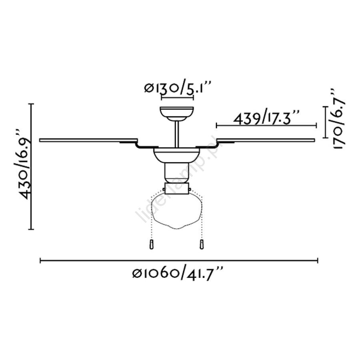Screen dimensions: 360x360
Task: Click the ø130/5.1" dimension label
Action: click(177, 88)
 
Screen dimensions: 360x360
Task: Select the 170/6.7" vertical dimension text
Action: click(338, 118)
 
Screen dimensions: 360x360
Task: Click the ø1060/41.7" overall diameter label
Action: click(178, 274)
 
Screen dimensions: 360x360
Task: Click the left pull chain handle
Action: click(151, 244)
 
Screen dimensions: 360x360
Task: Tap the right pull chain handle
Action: click(202, 244)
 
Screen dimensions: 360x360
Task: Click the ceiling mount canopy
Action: click(177, 114)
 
